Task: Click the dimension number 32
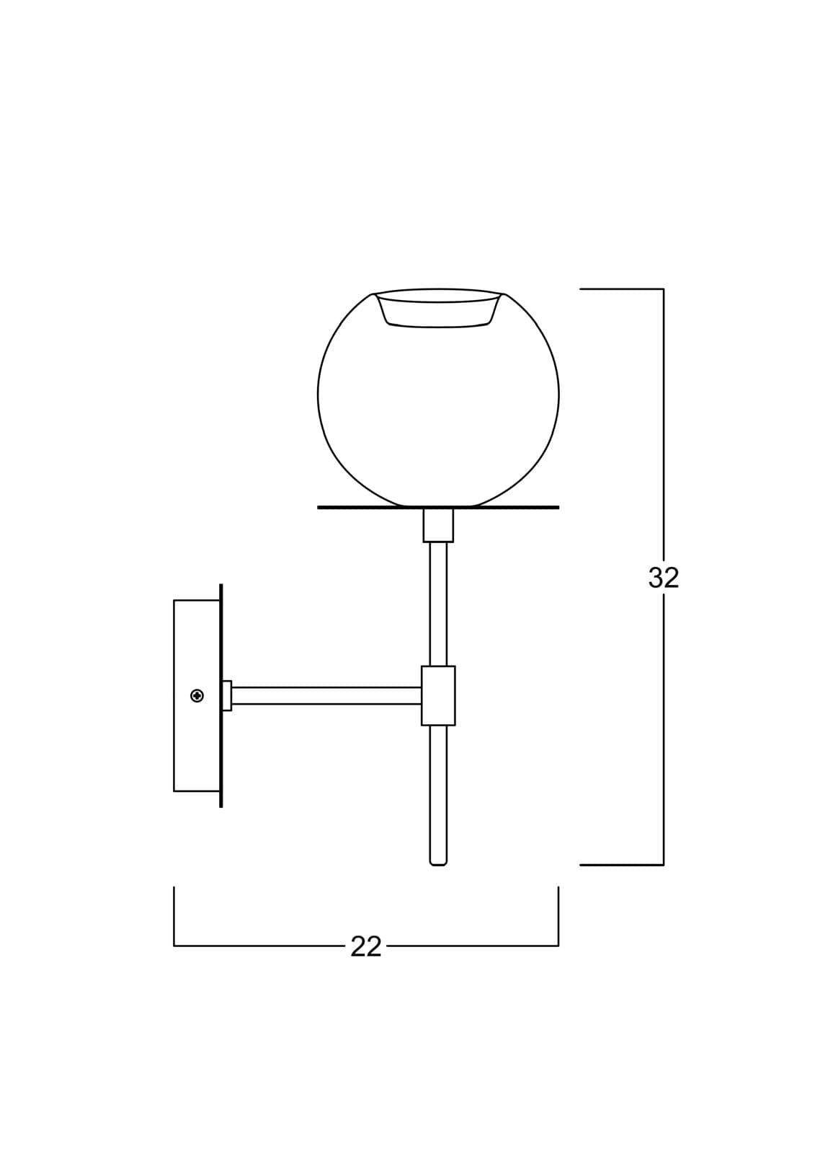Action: point(663,577)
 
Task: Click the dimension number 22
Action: point(365,946)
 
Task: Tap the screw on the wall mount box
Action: point(197,695)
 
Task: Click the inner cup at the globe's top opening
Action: point(438,310)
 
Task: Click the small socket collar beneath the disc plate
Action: point(438,525)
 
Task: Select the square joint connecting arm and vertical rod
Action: point(438,695)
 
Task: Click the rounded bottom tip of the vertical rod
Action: point(438,862)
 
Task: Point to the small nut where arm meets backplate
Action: point(227,695)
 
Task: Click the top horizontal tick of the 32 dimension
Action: point(620,289)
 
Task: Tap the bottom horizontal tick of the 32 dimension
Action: point(620,864)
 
